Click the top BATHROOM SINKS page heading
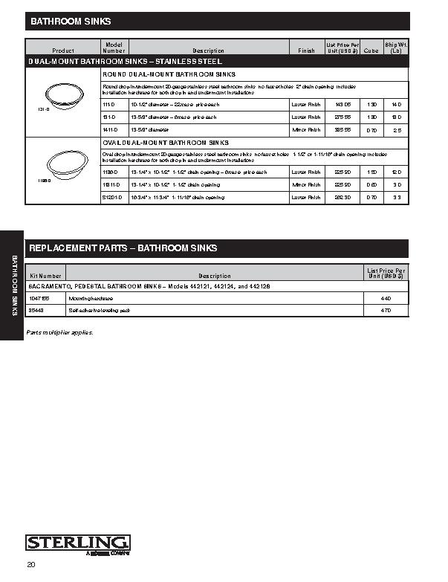[x=71, y=22]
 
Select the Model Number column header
[x=114, y=48]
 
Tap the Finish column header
[x=306, y=51]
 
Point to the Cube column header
[x=371, y=51]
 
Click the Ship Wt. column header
[x=395, y=48]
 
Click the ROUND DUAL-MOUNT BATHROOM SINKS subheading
[x=169, y=75]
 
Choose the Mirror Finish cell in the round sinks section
[x=306, y=129]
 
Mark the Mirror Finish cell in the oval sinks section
[x=306, y=184]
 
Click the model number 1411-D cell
[x=110, y=129]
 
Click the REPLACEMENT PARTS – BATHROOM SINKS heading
[x=123, y=248]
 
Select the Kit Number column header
[x=45, y=276]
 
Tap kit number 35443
[x=38, y=310]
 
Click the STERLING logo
[x=78, y=543]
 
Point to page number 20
[x=31, y=566]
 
